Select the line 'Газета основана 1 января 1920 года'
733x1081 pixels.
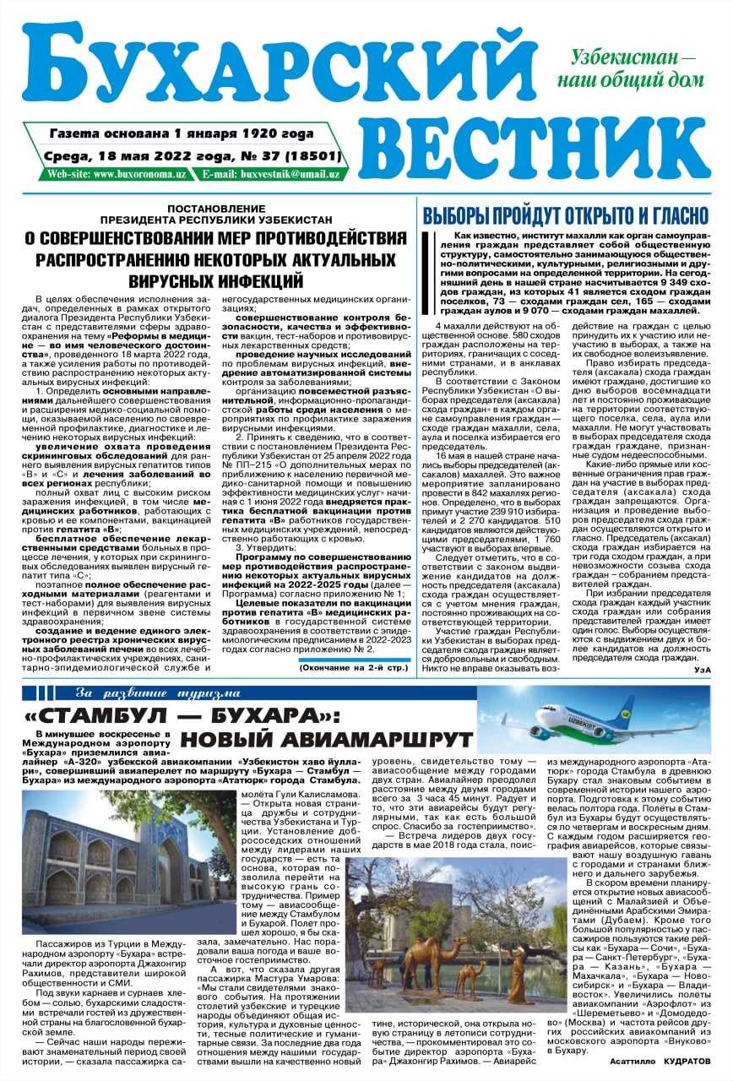tap(182, 133)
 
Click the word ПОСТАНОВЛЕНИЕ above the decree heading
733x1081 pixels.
tap(216, 208)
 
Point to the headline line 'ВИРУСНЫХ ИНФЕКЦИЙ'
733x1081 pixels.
tap(216, 278)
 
